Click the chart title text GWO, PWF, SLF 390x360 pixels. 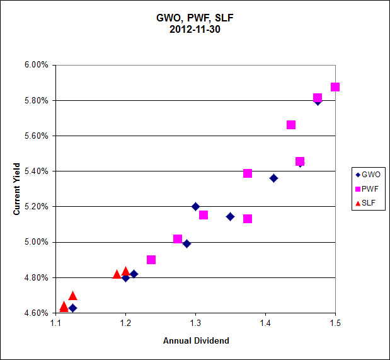[x=195, y=18]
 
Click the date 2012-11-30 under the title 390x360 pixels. [x=195, y=28]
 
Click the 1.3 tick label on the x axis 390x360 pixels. [x=195, y=323]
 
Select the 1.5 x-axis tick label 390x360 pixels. [x=335, y=323]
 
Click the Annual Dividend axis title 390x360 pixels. [x=195, y=340]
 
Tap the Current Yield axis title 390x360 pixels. [x=17, y=189]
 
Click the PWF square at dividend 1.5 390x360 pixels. [x=335, y=87]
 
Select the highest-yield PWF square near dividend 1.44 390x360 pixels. [x=291, y=125]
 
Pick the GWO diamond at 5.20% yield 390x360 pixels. [x=195, y=206]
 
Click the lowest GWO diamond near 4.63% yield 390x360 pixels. [x=73, y=308]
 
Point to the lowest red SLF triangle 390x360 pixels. [x=64, y=306]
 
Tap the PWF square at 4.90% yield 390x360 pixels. [x=151, y=260]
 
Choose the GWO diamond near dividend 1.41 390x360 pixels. [x=273, y=178]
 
